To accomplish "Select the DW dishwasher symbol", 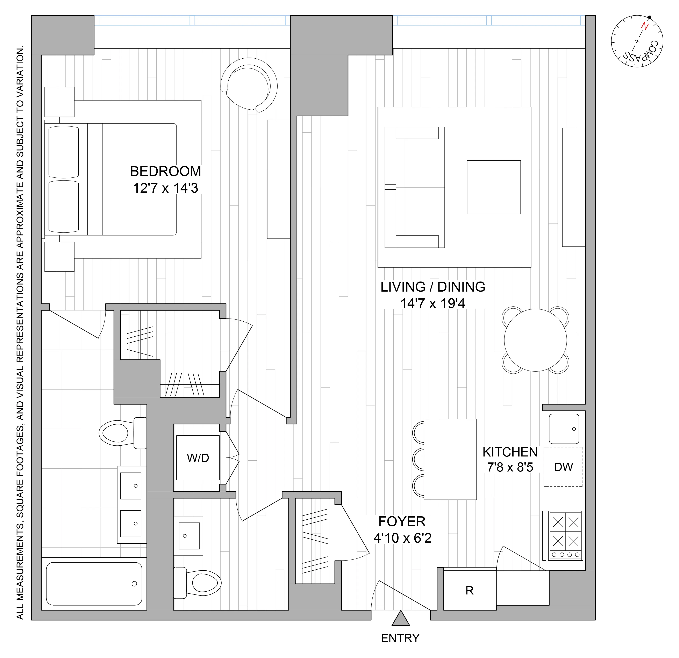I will coord(563,467).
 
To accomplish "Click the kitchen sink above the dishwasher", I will coord(564,429).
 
